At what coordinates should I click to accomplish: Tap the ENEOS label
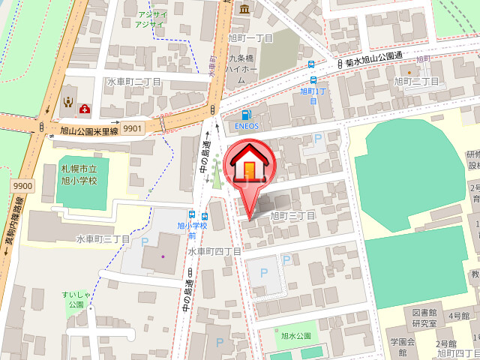pyautogui.click(x=247, y=126)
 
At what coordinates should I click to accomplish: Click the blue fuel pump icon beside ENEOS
pyautogui.click(x=246, y=115)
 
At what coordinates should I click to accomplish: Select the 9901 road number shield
pyautogui.click(x=133, y=128)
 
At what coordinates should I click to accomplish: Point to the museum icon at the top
pyautogui.click(x=245, y=8)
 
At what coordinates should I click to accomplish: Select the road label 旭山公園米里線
pyautogui.click(x=79, y=131)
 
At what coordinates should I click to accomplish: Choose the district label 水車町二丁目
pyautogui.click(x=135, y=82)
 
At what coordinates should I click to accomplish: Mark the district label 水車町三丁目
pyautogui.click(x=103, y=239)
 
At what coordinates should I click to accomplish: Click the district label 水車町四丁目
pyautogui.click(x=214, y=251)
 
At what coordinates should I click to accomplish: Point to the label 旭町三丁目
pyautogui.click(x=292, y=215)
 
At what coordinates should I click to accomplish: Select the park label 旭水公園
pyautogui.click(x=295, y=336)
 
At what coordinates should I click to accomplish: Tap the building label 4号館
pyautogui.click(x=459, y=316)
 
